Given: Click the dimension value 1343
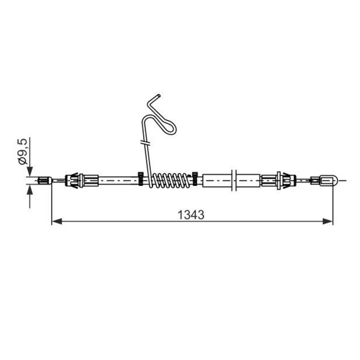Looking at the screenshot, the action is click(191, 215).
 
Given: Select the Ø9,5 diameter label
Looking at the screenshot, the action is click(23, 151).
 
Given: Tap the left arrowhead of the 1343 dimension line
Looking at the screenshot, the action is click(57, 221).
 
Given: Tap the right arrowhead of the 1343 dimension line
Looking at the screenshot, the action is click(328, 221).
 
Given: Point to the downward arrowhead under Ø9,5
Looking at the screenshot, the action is click(30, 171).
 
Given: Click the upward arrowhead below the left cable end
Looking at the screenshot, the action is click(30, 189).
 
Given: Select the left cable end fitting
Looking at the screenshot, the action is click(45, 180).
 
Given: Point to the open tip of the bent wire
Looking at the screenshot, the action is click(158, 95).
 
